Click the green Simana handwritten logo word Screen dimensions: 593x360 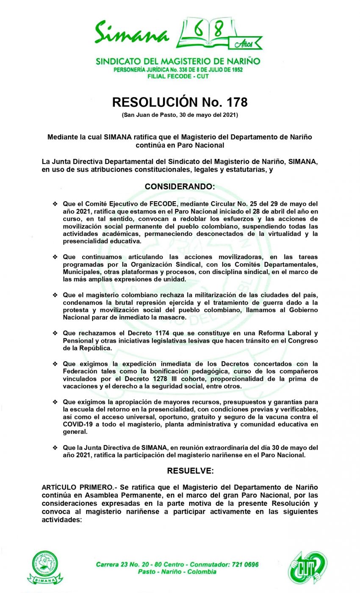pyautogui.click(x=131, y=33)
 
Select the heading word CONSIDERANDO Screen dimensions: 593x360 pyautogui.click(x=180, y=186)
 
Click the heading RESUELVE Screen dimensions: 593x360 pyautogui.click(x=190, y=471)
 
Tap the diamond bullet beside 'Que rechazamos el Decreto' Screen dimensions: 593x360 pyautogui.click(x=55, y=333)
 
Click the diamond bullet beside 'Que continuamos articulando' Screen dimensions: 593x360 pyautogui.click(x=55, y=257)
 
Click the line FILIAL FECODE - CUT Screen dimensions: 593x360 pyautogui.click(x=178, y=76)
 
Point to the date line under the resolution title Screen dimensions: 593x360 pyautogui.click(x=180, y=115)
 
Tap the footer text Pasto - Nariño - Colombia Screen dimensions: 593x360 pyautogui.click(x=177, y=571)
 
